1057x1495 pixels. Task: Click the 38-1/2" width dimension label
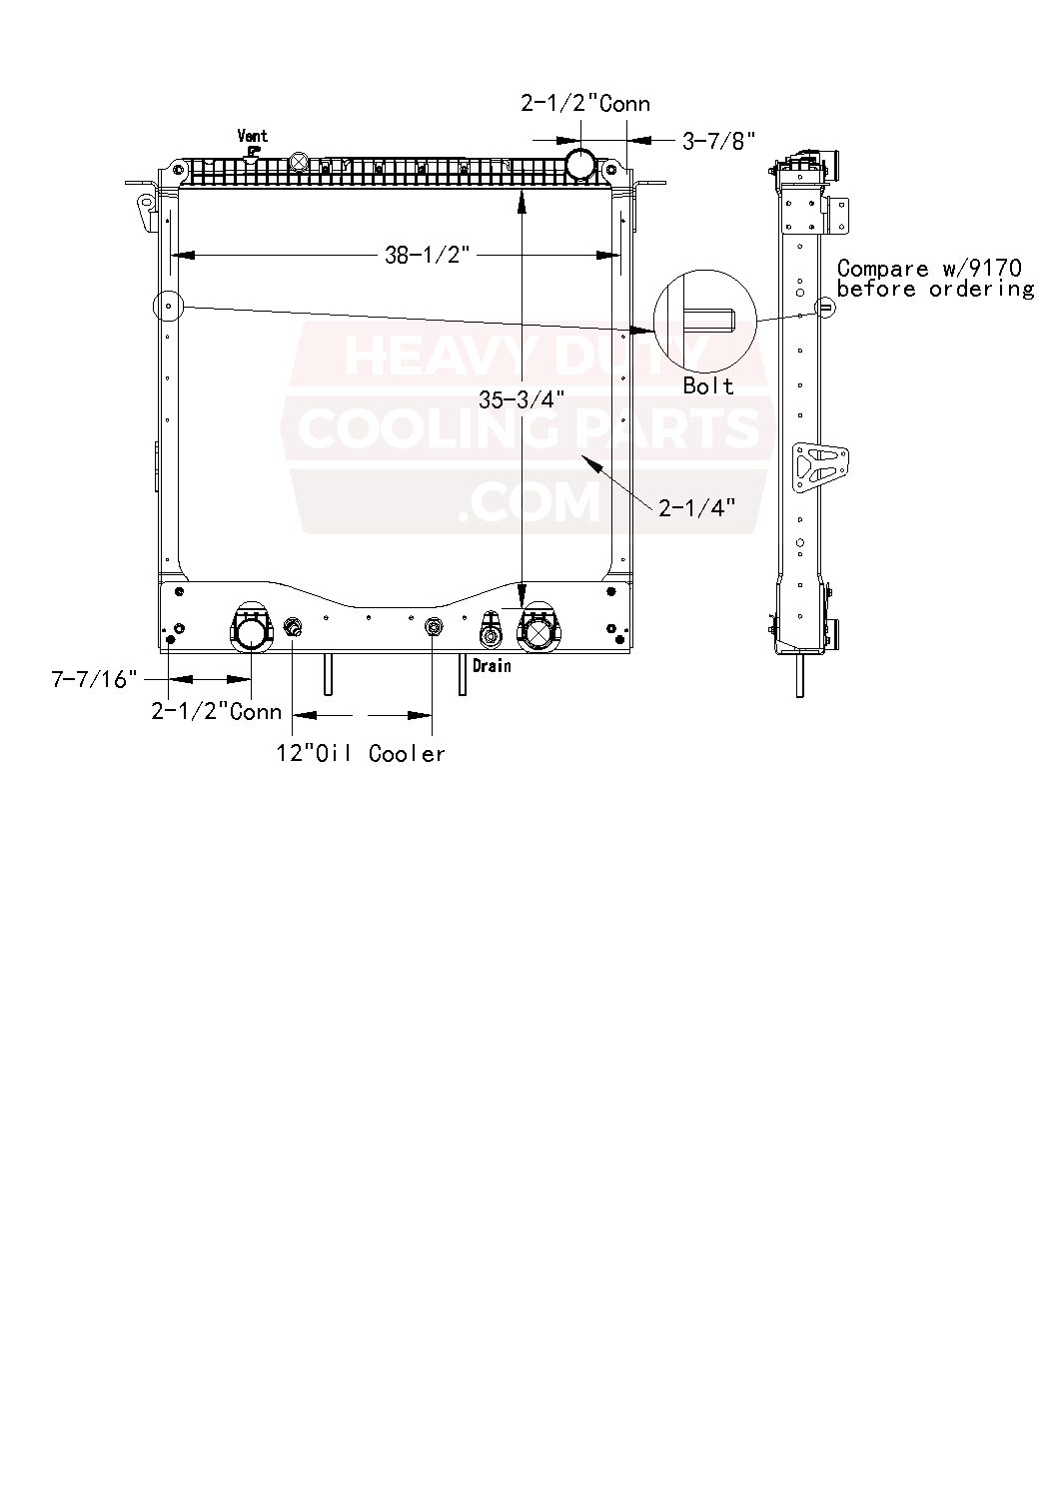[x=427, y=256]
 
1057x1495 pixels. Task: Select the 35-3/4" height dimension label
[x=522, y=399]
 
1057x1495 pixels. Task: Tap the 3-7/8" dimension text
[x=719, y=141]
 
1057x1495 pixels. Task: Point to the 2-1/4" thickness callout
[x=697, y=508]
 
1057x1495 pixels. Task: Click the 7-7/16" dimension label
[x=94, y=680]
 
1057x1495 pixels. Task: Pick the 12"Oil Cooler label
[x=361, y=753]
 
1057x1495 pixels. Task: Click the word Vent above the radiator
[x=252, y=136]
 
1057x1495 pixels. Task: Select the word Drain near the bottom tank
[x=492, y=666]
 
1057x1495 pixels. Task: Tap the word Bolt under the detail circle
[x=708, y=386]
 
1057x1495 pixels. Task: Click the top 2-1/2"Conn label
[x=585, y=104]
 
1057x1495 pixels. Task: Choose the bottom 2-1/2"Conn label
[x=217, y=712]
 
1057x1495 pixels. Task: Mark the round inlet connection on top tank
[x=581, y=163]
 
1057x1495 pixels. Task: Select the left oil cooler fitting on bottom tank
[x=293, y=627]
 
